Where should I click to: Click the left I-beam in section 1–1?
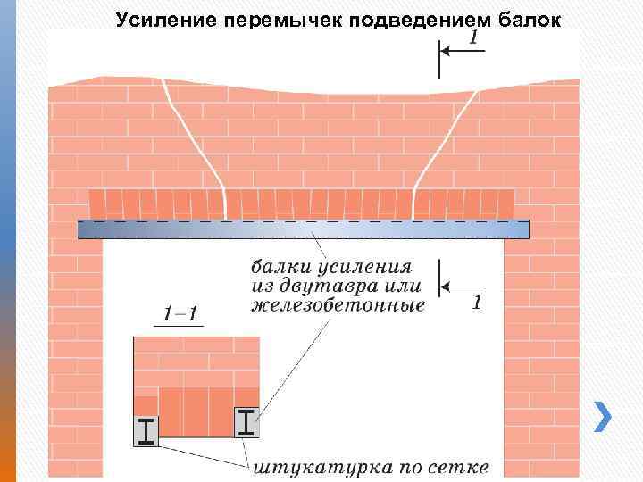click(x=146, y=431)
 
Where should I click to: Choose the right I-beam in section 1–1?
click(x=246, y=421)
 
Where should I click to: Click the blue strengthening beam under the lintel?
click(x=304, y=229)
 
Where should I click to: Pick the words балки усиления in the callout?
click(x=330, y=267)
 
